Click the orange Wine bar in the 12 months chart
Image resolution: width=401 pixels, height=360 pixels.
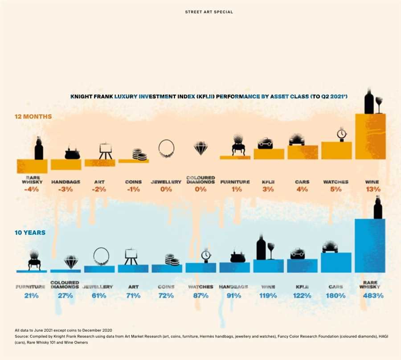point(370,136)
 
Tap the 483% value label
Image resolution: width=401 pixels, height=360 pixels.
point(373,296)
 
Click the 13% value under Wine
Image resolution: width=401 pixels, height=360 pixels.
point(373,189)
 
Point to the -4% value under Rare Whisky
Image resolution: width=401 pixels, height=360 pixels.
point(32,189)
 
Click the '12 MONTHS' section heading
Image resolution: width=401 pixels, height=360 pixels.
point(33,116)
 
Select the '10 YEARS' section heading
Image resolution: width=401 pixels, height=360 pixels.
point(30,233)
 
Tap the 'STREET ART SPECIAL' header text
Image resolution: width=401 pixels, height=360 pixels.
point(209,12)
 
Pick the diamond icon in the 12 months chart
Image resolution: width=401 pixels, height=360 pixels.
point(201,148)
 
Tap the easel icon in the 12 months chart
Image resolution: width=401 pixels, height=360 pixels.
point(105,151)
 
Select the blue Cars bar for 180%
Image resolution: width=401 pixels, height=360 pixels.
point(336,262)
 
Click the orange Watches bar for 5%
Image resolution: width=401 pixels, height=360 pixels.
point(336,151)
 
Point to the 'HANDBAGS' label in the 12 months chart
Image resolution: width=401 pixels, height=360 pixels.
point(66,182)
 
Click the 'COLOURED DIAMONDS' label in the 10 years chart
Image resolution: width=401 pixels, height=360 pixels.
point(65,285)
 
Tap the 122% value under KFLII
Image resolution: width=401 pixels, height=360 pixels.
point(302,296)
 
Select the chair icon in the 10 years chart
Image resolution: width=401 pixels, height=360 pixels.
point(34,260)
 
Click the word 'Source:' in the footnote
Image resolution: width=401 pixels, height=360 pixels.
point(21,336)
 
